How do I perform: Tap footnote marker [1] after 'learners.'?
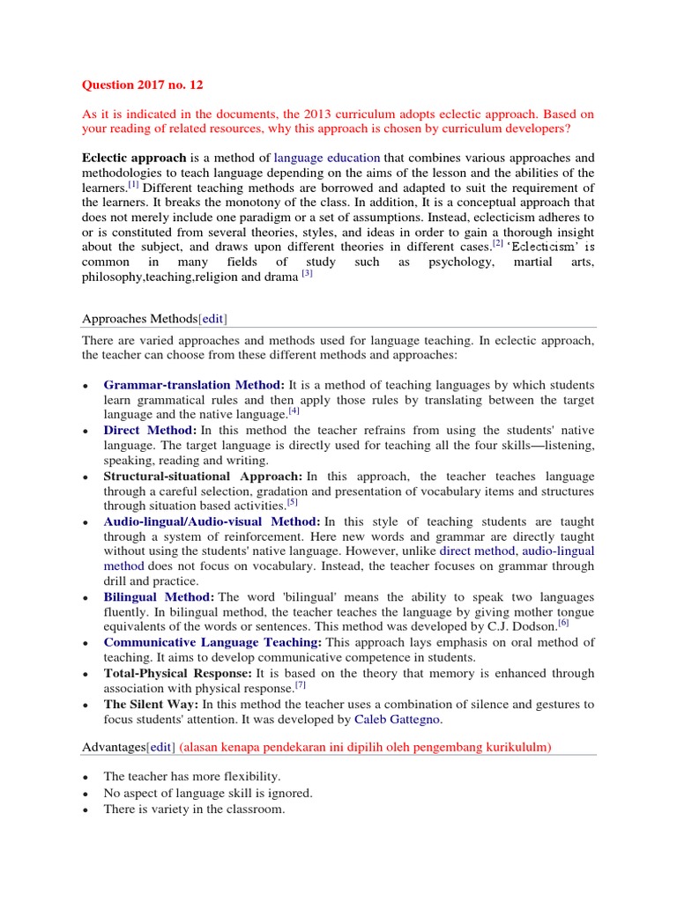point(133,185)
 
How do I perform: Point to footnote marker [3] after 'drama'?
point(307,273)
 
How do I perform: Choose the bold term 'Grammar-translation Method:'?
point(194,385)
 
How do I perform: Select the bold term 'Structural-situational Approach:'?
point(202,476)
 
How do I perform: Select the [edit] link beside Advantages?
point(160,747)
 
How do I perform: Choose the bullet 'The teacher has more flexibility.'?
point(191,777)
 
